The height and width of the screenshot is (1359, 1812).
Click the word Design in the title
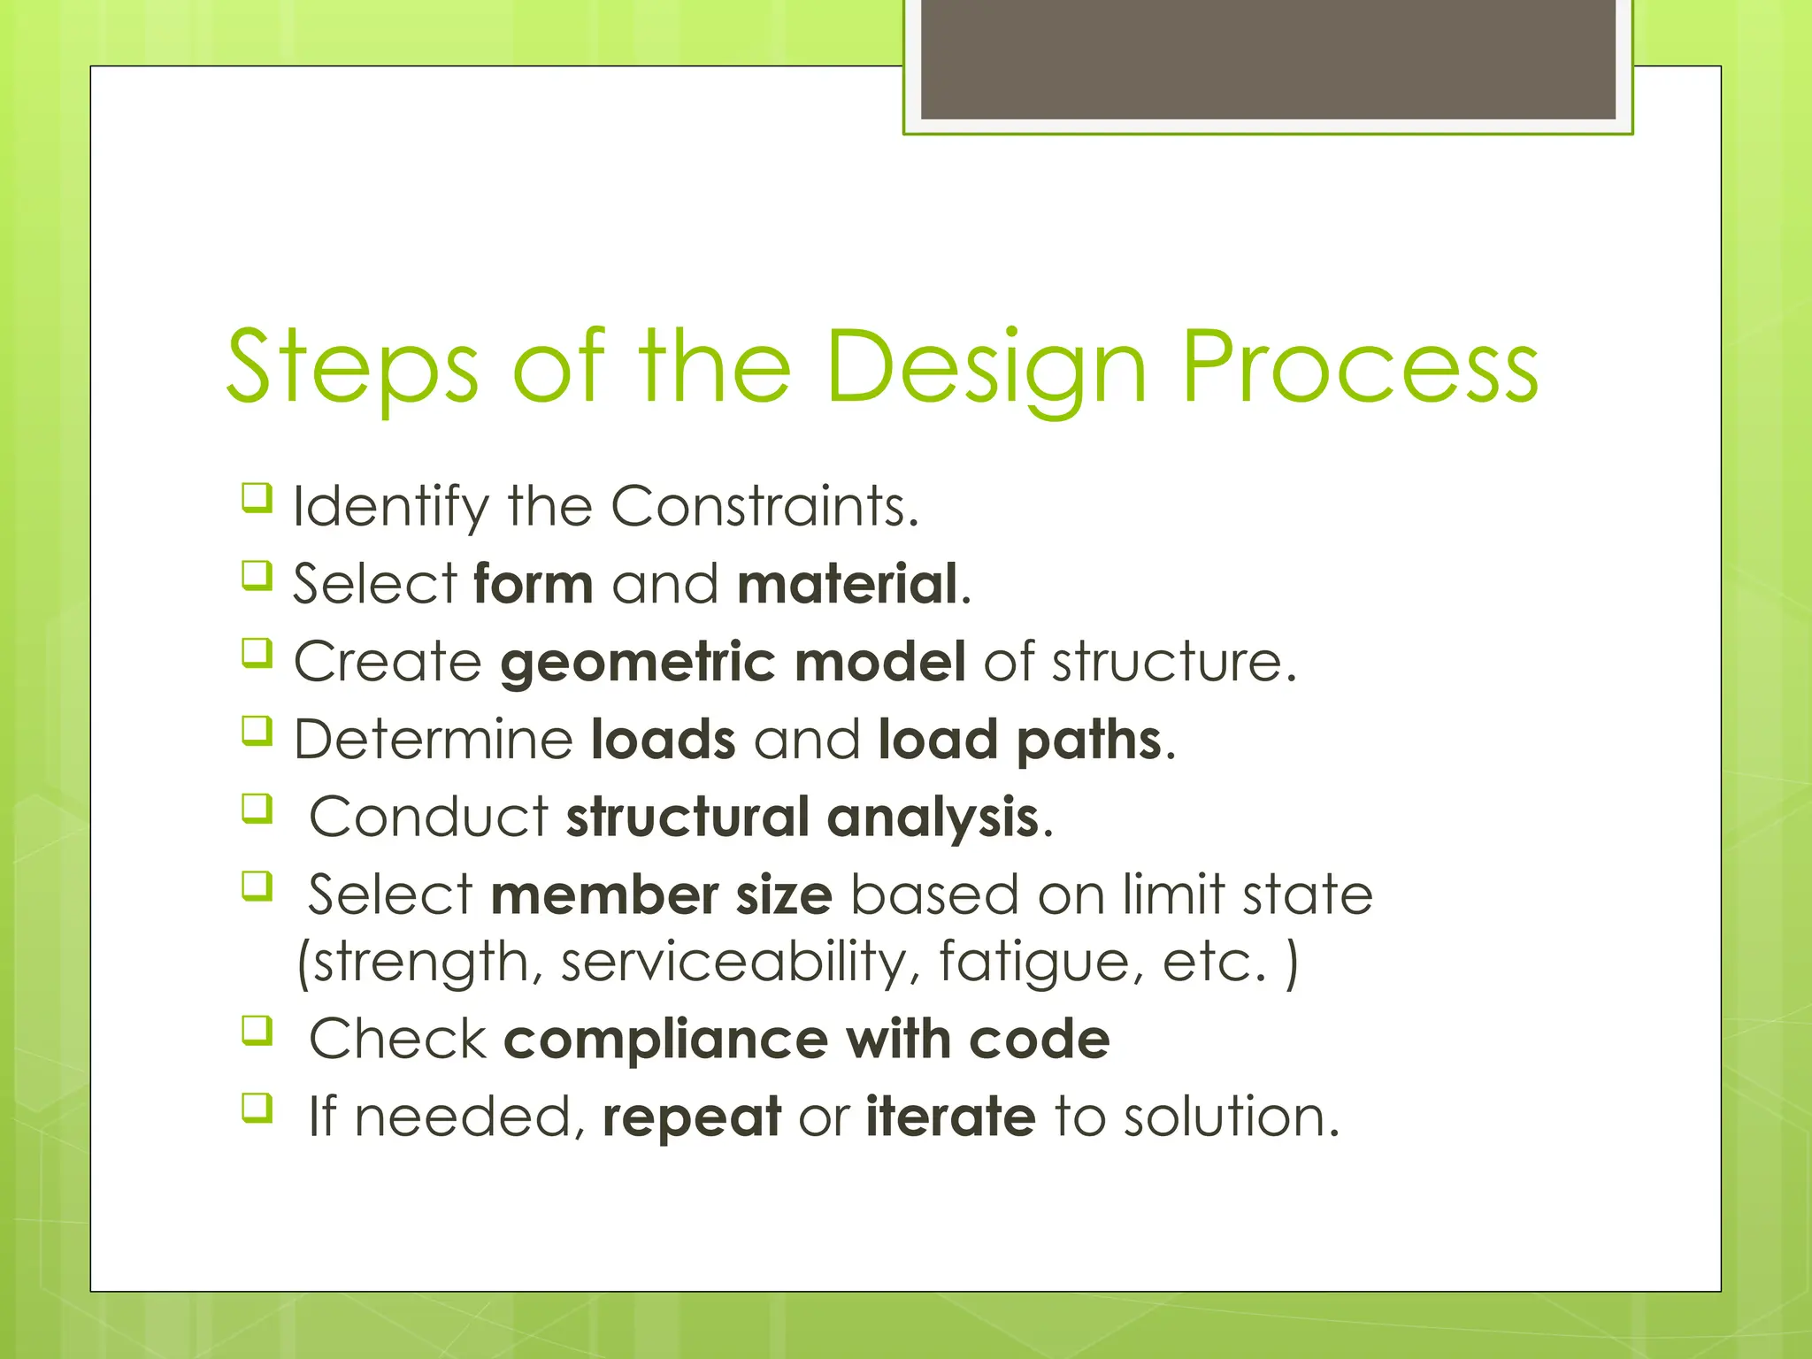986,367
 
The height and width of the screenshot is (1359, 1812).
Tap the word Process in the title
1360,367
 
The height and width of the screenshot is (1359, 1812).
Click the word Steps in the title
352,367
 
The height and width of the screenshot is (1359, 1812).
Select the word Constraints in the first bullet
764,506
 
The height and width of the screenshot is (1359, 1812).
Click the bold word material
848,584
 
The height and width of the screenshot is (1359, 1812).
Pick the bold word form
533,584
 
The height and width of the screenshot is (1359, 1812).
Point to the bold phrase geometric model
733,662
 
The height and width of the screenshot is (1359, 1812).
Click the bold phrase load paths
1019,739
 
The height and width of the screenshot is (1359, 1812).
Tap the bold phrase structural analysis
802,817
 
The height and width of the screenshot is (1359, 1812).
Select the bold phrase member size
661,894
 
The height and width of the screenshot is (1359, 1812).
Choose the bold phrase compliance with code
806,1039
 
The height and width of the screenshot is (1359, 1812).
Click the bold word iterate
950,1117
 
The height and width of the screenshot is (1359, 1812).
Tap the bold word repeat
692,1117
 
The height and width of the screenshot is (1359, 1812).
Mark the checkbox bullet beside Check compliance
257,1031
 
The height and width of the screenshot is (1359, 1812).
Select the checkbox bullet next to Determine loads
257,731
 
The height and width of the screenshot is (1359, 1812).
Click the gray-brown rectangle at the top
1268,58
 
